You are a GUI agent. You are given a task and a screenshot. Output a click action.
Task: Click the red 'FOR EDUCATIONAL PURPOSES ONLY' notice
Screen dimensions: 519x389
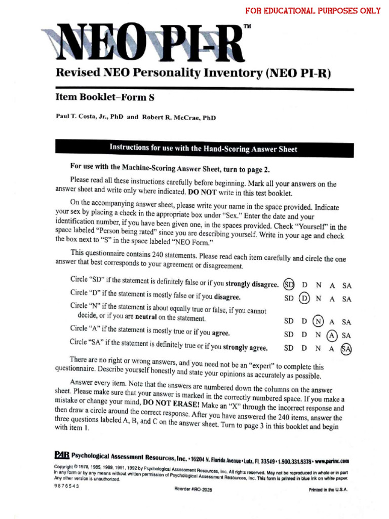click(313, 11)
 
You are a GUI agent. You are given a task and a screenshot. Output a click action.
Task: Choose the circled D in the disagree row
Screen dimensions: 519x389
click(304, 299)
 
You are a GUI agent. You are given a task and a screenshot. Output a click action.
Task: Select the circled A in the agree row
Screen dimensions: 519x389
click(332, 335)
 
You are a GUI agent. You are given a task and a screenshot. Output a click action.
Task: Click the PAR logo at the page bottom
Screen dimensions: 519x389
click(62, 454)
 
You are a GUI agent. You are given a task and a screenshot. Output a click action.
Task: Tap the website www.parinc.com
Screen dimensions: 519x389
click(332, 461)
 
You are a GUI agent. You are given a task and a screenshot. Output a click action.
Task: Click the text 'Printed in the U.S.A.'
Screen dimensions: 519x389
click(328, 490)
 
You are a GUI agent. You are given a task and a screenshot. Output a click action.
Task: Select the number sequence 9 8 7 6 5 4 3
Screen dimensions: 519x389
click(66, 485)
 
